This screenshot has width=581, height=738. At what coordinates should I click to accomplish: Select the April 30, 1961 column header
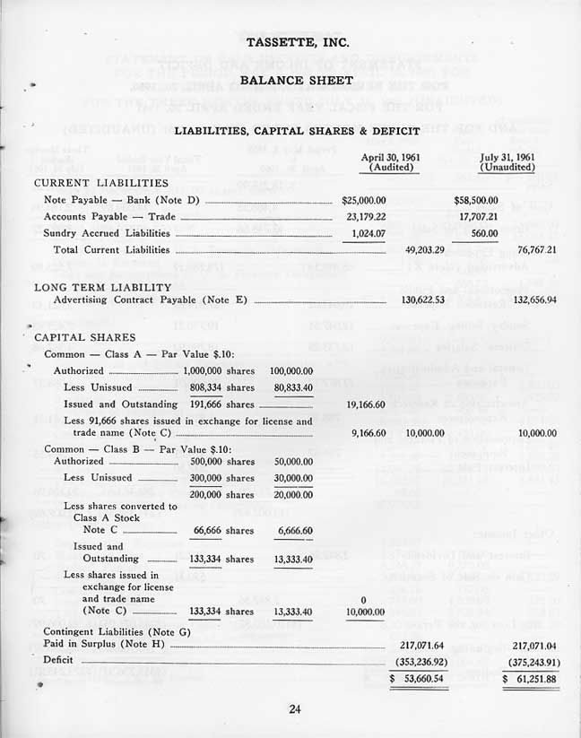click(390, 161)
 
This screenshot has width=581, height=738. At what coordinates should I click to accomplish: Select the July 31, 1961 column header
click(508, 161)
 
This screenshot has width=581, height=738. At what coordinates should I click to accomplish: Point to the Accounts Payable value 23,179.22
click(366, 216)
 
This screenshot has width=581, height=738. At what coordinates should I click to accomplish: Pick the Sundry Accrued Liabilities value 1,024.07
click(368, 232)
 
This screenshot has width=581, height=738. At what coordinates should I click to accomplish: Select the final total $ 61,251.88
click(530, 679)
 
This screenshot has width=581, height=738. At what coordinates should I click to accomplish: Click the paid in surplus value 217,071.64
click(421, 645)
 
